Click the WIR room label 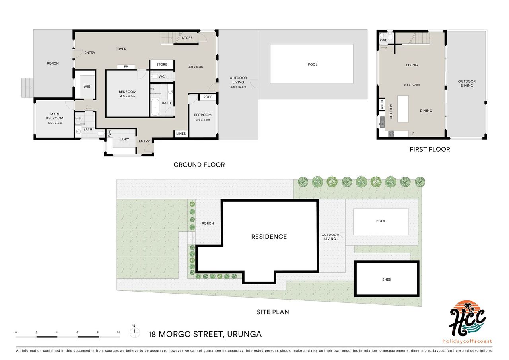click(x=87, y=86)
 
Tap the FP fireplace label click(x=126, y=67)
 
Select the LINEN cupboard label click(x=181, y=134)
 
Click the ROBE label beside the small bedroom click(x=208, y=97)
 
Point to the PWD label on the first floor click(x=383, y=40)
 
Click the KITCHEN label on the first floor click(x=391, y=112)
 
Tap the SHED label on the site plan click(x=387, y=280)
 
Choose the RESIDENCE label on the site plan click(x=269, y=237)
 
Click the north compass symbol click(x=134, y=332)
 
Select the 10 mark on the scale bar click(x=119, y=333)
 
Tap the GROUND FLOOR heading click(x=199, y=165)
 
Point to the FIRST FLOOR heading click(x=430, y=149)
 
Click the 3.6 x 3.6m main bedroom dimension click(x=54, y=123)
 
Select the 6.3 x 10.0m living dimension click(x=412, y=85)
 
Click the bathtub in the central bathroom click(x=155, y=107)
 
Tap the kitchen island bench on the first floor click(x=403, y=109)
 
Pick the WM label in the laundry click(x=109, y=134)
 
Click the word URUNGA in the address click(x=244, y=334)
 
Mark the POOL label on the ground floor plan click(x=313, y=64)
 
